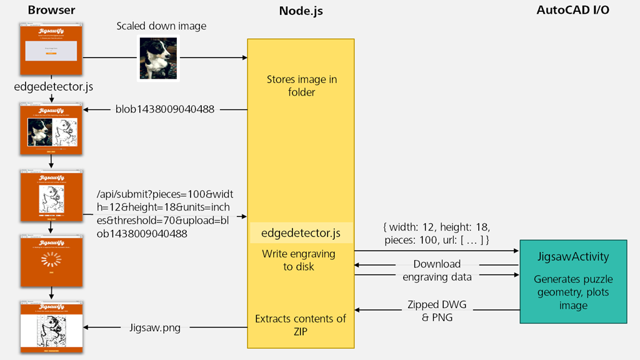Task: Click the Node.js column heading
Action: pos(301,11)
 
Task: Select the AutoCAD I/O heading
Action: pos(573,11)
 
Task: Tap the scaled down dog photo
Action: pos(159,58)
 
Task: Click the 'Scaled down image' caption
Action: pos(161,26)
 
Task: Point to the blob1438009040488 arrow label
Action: pos(165,109)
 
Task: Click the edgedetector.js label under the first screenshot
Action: pos(49,87)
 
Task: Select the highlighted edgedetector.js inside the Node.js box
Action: pos(301,233)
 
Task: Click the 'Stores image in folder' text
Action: pos(300,86)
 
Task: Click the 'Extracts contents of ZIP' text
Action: pos(301,325)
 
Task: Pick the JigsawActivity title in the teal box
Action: pos(573,257)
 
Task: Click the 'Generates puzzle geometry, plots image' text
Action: pos(573,292)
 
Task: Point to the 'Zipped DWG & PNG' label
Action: pos(437,311)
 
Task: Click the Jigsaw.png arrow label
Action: pos(154,327)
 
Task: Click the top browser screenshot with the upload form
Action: pos(52,50)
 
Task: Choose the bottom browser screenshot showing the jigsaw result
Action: pos(52,327)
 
